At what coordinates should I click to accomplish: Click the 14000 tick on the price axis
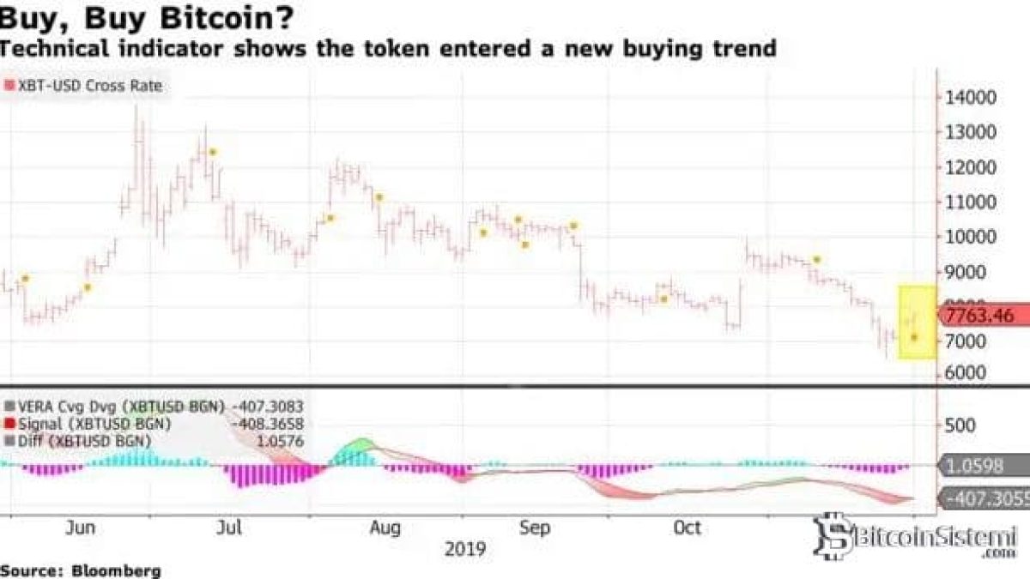pos(971,97)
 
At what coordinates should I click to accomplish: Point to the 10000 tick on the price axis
pos(971,237)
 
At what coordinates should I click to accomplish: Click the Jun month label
pos(81,528)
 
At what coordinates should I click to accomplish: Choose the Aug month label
pos(385,528)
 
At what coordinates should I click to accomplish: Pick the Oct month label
pos(686,528)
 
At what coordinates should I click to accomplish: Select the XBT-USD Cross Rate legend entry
pos(83,86)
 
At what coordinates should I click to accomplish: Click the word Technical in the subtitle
pos(60,49)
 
